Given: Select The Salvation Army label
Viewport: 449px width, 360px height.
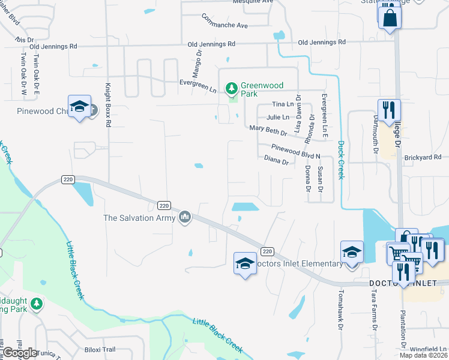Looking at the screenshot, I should click(x=137, y=218).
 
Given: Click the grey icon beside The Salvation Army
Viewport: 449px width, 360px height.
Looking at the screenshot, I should click(x=185, y=217).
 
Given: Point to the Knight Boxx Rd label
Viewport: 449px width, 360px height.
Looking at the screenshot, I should click(x=109, y=104).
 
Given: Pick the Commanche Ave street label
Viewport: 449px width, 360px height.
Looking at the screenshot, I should click(x=225, y=21).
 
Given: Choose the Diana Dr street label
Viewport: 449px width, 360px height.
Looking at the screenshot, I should click(x=277, y=161).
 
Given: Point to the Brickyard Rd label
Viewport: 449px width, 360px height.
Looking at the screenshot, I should click(x=423, y=157).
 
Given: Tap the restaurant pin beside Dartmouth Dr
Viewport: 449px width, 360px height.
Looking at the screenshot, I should click(x=390, y=110).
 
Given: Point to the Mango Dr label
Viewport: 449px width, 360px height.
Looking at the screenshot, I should click(x=196, y=59).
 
